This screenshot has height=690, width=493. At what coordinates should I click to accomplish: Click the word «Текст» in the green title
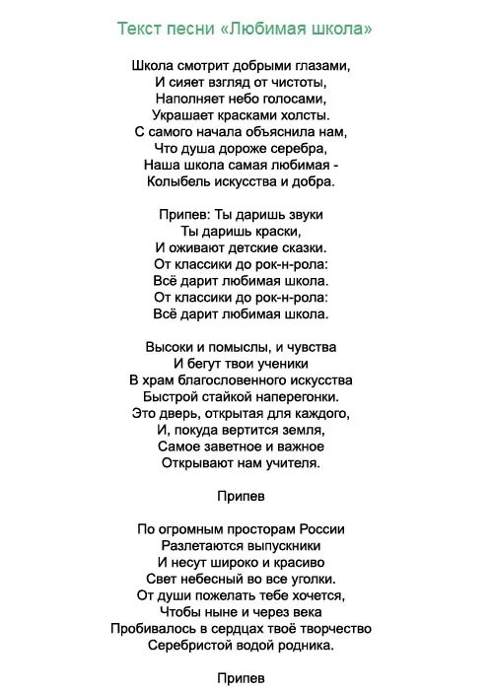[x=141, y=30]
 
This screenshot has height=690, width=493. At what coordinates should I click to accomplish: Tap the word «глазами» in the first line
[x=319, y=65]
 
